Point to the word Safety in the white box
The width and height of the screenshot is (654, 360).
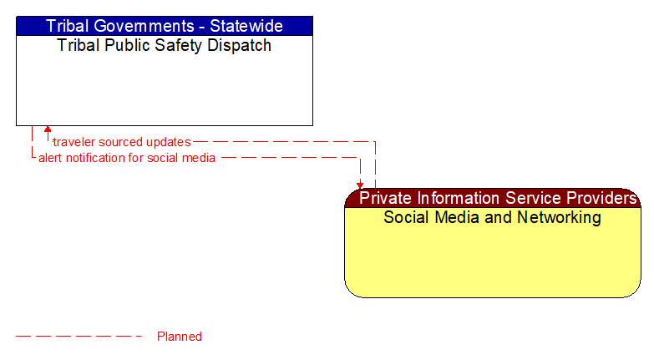tap(181, 46)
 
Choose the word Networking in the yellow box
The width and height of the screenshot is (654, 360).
tap(559, 218)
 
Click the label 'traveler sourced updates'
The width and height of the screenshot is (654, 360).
tap(122, 142)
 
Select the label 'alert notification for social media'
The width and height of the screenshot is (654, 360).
tap(127, 157)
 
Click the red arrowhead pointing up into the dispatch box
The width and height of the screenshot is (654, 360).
tap(48, 130)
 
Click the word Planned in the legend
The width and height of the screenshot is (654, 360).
tap(180, 337)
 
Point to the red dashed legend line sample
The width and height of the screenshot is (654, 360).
tap(79, 337)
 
